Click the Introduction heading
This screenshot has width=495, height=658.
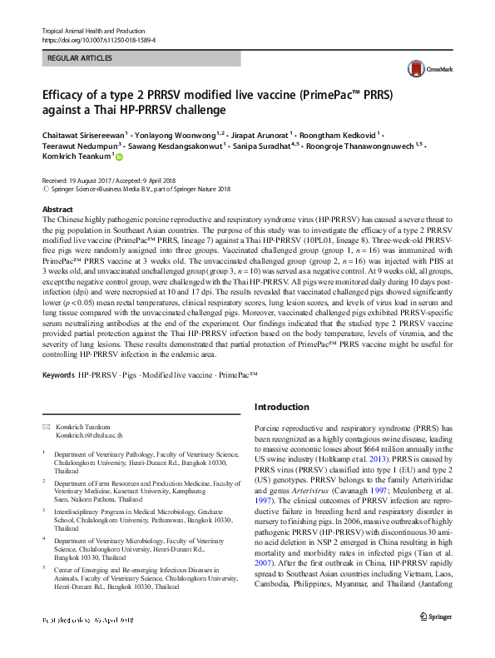[x=281, y=408]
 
